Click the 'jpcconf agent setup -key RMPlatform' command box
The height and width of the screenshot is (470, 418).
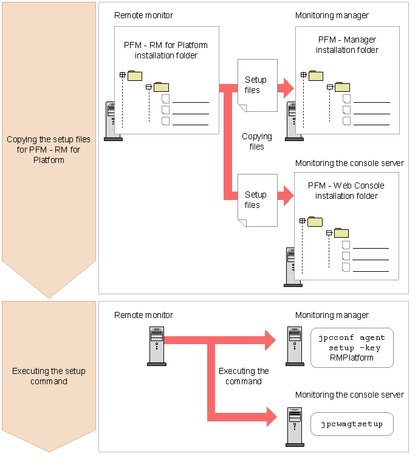click(x=352, y=348)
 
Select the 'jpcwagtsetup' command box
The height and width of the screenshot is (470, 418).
click(x=352, y=424)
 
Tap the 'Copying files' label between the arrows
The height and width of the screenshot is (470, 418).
click(x=257, y=142)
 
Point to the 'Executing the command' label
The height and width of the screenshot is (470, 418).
click(x=244, y=376)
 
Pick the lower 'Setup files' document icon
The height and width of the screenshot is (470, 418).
click(x=257, y=200)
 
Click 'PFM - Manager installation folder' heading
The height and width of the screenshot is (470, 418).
click(x=347, y=45)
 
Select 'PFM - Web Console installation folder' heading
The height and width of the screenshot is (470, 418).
click(x=346, y=191)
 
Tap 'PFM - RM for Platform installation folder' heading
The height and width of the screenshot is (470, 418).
click(x=166, y=50)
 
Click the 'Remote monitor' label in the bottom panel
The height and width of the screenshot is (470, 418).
click(x=144, y=315)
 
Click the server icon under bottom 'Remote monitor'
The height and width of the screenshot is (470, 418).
click(x=156, y=346)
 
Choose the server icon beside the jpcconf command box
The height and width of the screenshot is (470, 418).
click(x=295, y=346)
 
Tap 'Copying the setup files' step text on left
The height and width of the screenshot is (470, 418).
click(x=49, y=150)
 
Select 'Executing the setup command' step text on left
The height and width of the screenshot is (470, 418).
click(x=49, y=376)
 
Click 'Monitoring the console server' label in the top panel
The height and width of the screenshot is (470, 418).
click(x=349, y=163)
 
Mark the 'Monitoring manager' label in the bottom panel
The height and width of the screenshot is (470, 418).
click(x=332, y=315)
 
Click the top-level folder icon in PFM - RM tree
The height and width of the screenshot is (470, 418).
click(x=135, y=75)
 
